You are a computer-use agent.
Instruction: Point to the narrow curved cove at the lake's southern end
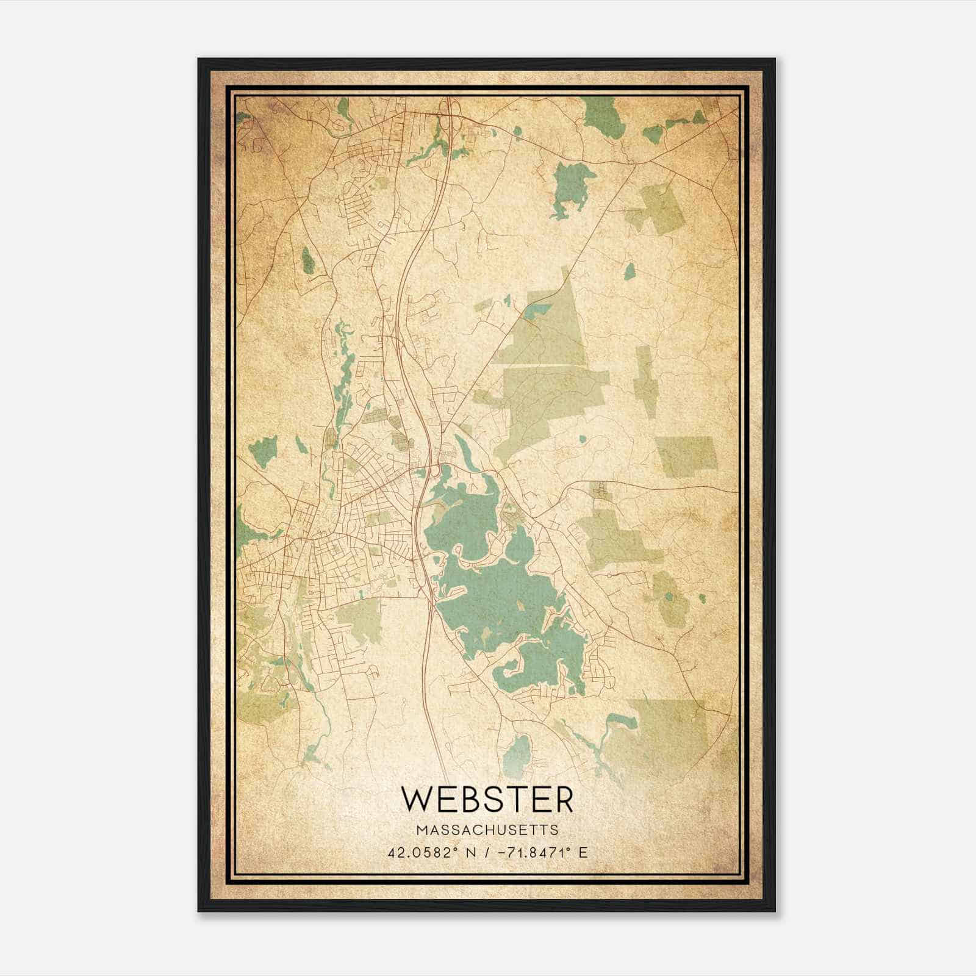[509, 671]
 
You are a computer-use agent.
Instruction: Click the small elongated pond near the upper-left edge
[307, 260]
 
